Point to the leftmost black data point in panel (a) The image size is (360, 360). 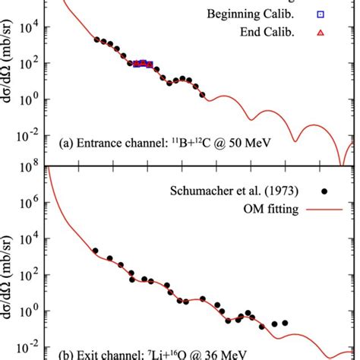(96, 39)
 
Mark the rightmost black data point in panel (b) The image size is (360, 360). (285, 323)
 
